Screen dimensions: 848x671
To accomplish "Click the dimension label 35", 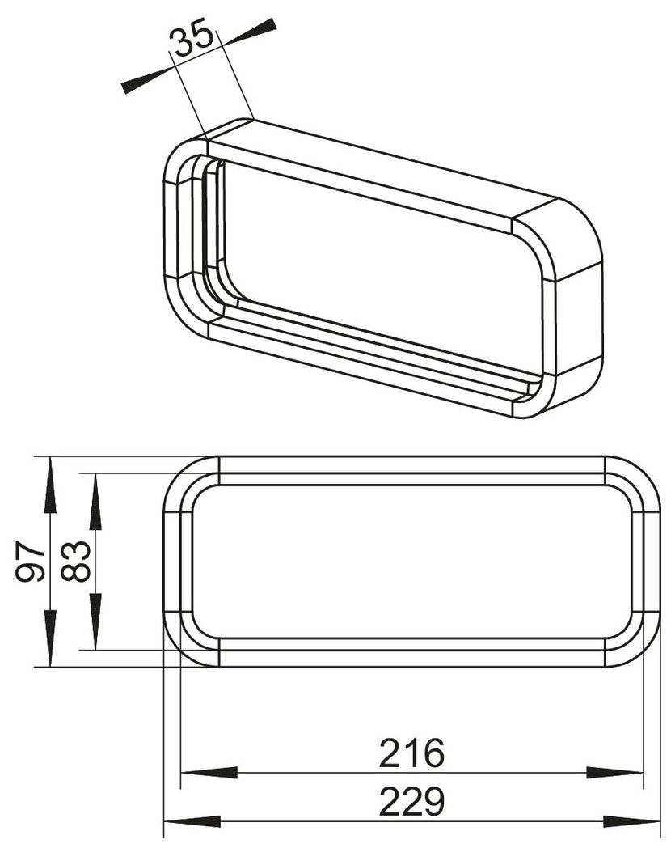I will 195,38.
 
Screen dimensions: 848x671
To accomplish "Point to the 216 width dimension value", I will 412,754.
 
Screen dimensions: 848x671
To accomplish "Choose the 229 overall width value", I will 412,802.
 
